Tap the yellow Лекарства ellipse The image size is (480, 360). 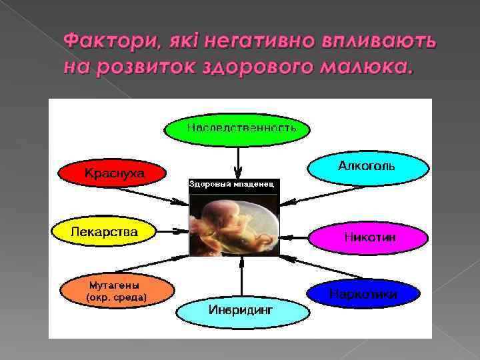105,231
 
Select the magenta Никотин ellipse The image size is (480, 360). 367,237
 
